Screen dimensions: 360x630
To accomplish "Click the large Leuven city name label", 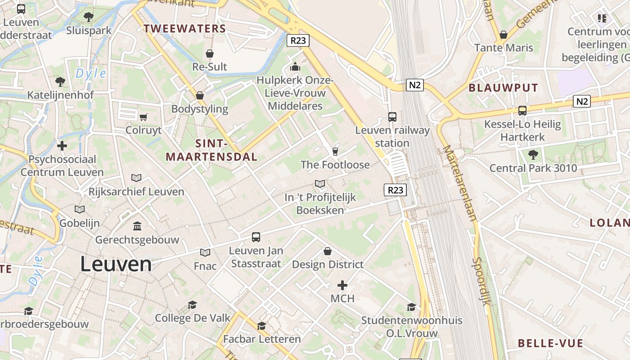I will click(x=116, y=264).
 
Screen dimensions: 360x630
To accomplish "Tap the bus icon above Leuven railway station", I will click(x=392, y=117).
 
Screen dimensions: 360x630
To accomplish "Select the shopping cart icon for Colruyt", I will click(x=144, y=117).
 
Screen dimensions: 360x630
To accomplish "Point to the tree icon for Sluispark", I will click(x=89, y=17).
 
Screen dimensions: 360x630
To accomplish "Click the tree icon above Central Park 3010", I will click(x=533, y=155).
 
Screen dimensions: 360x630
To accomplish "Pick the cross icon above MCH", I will click(x=342, y=285).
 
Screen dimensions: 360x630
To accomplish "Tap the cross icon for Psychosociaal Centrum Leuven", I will click(x=62, y=146).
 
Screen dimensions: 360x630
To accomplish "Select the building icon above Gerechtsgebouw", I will click(x=137, y=226).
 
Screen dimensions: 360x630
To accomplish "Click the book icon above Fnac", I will click(x=205, y=253).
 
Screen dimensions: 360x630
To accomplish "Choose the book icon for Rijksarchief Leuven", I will click(x=136, y=178).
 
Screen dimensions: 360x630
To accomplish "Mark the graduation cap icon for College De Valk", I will click(x=193, y=305).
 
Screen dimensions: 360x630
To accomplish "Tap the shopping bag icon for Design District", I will click(x=328, y=251).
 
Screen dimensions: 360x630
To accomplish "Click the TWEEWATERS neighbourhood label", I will click(x=184, y=29).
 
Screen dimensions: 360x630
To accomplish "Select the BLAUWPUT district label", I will click(x=504, y=88).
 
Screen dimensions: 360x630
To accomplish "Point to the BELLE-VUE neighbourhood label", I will click(x=550, y=343).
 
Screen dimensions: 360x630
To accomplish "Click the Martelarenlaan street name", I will click(x=459, y=182).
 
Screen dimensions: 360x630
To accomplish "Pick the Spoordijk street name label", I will click(x=481, y=281).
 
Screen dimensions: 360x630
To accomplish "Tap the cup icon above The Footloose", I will click(x=335, y=151).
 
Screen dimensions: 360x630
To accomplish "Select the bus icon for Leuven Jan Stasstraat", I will click(x=256, y=237).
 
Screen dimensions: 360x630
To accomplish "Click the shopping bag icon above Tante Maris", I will click(x=504, y=35).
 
